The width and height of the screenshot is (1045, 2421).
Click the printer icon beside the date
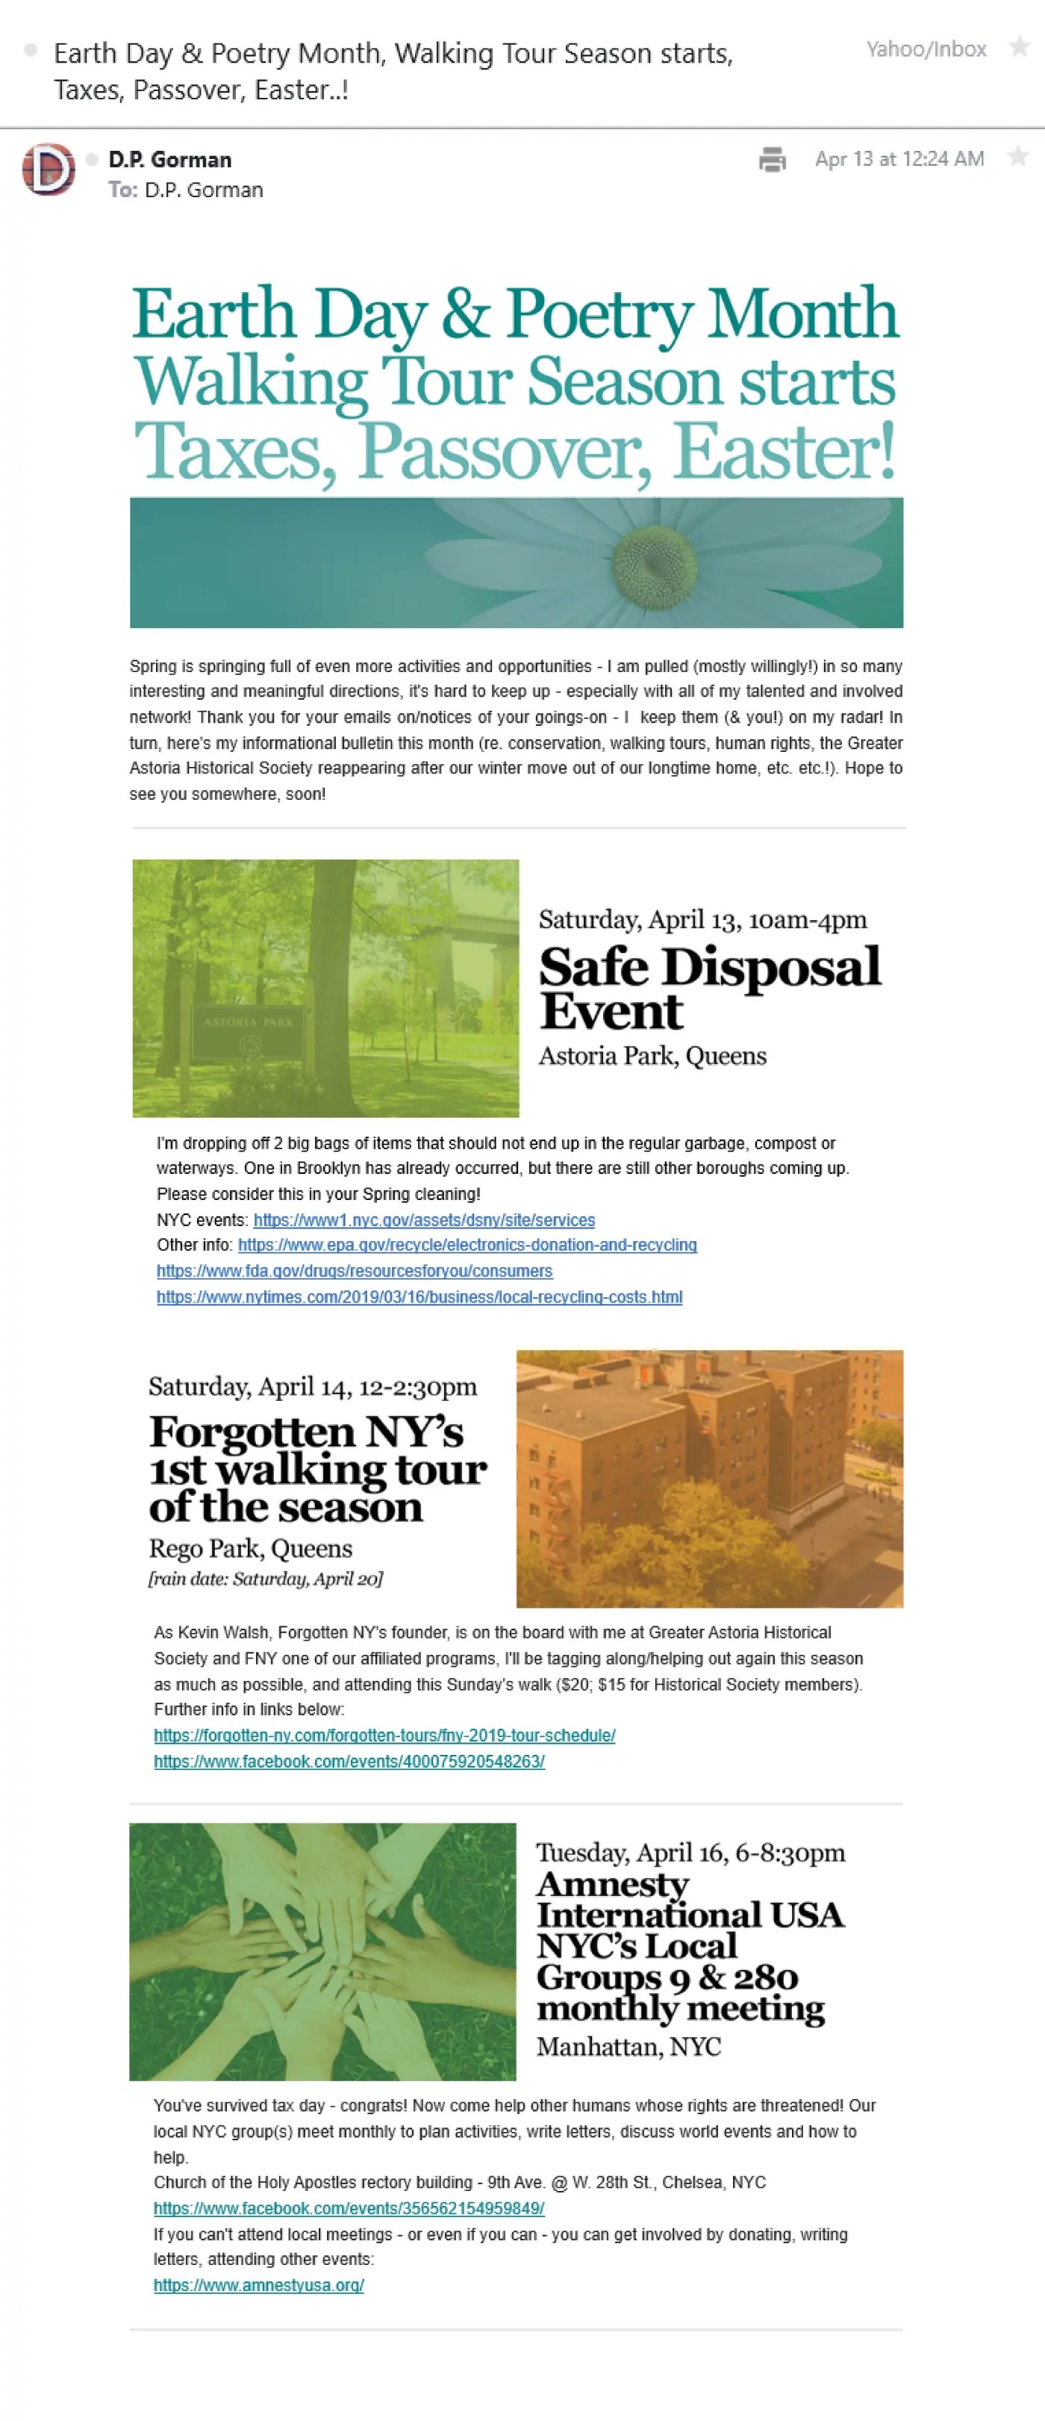(772, 160)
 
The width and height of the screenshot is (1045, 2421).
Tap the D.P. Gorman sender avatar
(49, 170)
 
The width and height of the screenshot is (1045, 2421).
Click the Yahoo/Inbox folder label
(926, 49)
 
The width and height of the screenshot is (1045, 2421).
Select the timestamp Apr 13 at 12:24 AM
(899, 159)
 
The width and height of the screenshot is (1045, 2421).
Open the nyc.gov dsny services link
(424, 1220)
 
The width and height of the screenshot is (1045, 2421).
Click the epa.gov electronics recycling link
(467, 1246)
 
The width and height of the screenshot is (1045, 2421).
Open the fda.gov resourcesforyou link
(355, 1271)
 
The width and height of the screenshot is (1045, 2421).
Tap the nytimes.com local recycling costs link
(419, 1297)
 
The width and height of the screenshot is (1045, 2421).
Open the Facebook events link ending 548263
(349, 1762)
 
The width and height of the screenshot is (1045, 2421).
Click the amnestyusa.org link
(258, 2285)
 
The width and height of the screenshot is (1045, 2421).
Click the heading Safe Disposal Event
(710, 989)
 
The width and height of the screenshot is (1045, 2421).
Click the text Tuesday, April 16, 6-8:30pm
(690, 1853)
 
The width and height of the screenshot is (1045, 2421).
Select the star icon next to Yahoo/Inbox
(1019, 47)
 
